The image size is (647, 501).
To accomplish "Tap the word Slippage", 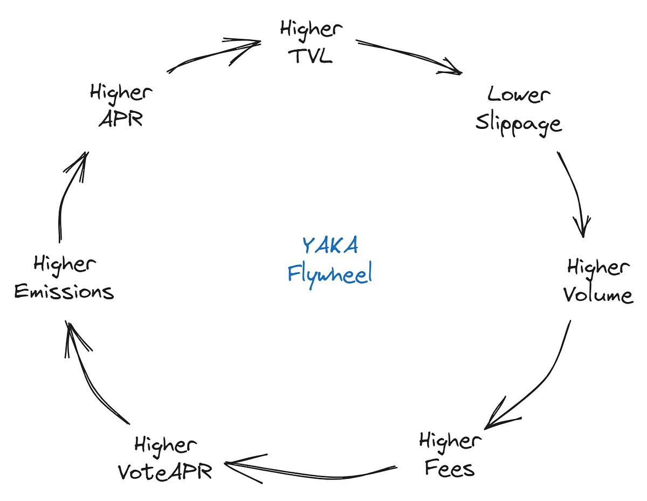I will click(x=518, y=124).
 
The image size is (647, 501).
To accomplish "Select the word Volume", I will click(x=598, y=296).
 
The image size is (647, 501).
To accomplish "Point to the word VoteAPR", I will click(x=165, y=471).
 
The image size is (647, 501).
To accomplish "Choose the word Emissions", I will click(x=64, y=292).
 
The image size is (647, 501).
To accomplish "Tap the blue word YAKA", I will click(x=329, y=245).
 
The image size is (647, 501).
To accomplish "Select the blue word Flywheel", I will click(x=329, y=274).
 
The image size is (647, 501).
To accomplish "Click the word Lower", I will click(x=519, y=95).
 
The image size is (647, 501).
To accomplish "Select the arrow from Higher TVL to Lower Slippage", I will click(x=410, y=56).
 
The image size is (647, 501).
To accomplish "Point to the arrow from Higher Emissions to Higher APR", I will click(x=68, y=194).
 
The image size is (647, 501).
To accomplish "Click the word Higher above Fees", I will click(x=450, y=441).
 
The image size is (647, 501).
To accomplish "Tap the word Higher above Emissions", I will click(x=65, y=264).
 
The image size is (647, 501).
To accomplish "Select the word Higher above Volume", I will click(x=598, y=267).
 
